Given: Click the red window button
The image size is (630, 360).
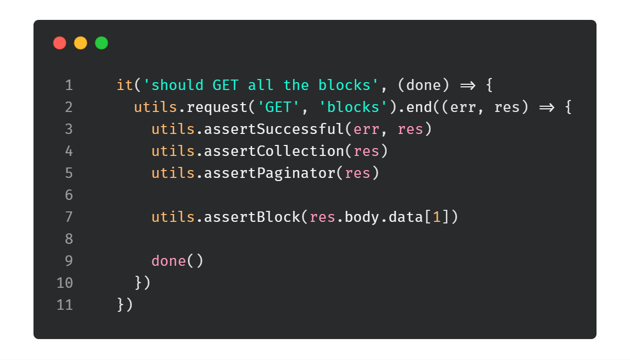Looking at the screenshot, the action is tap(60, 43).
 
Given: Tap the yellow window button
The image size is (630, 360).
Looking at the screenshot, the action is tap(81, 43).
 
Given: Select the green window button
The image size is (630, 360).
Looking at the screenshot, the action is tap(102, 43).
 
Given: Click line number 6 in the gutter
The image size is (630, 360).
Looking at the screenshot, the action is tap(69, 195).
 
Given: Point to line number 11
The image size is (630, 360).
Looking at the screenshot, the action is tap(65, 305).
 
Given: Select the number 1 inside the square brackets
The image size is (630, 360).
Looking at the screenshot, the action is tap(437, 217).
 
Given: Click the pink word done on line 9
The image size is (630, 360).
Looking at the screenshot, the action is tap(168, 261).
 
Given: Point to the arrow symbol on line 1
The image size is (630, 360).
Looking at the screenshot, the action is tap(467, 85).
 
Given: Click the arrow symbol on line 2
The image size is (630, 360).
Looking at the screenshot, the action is tap(547, 107).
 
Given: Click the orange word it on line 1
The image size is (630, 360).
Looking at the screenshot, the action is tap(125, 85).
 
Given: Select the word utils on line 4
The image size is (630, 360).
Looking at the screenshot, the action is tap(173, 151).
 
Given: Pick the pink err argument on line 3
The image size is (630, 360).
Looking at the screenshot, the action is tap(366, 129).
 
